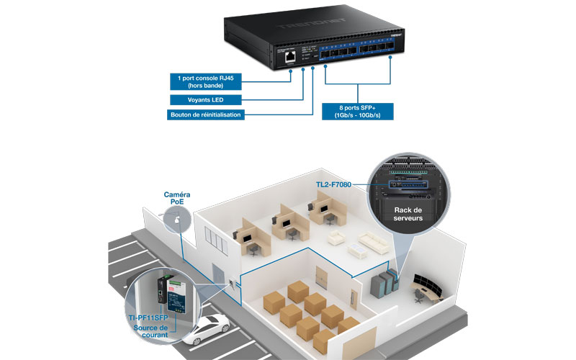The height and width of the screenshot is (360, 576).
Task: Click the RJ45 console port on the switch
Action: click(x=288, y=55)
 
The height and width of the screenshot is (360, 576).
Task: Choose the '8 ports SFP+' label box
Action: click(x=361, y=110)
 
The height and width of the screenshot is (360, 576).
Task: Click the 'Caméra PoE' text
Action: click(x=177, y=199)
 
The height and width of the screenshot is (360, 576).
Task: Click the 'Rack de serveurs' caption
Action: click(x=408, y=214)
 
